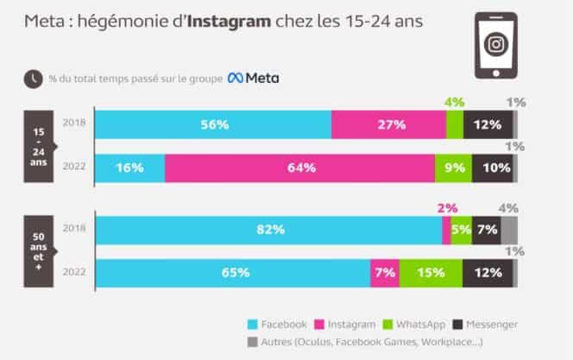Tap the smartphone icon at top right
click(496, 44)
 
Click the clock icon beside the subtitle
click(33, 79)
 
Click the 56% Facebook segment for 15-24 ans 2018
click(212, 124)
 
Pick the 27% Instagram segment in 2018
click(388, 124)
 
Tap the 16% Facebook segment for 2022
click(129, 167)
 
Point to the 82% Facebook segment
click(268, 231)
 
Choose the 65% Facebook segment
click(232, 273)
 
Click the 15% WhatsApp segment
click(430, 273)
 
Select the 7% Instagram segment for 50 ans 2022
click(384, 273)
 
